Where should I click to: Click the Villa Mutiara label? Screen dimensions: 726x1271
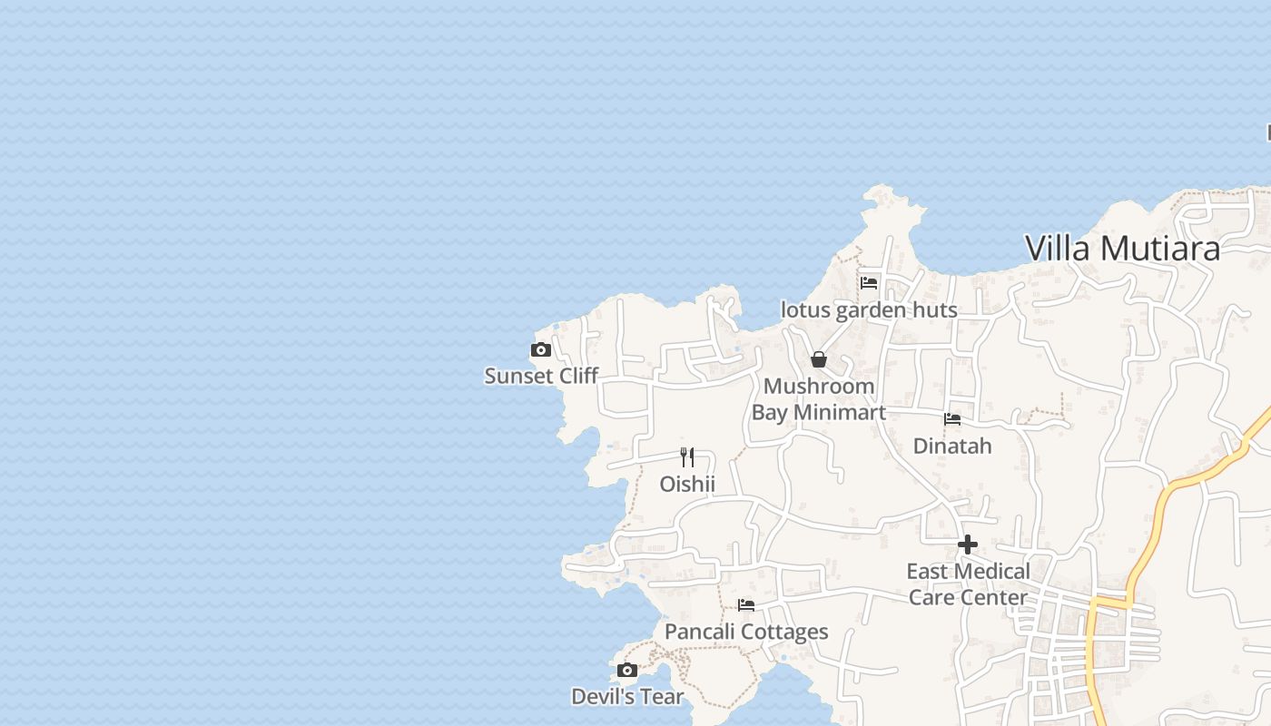[x=1122, y=248]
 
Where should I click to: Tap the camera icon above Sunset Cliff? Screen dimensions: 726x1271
[x=541, y=349]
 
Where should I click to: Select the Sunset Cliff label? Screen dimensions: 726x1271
[x=541, y=376]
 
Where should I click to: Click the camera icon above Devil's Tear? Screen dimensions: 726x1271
[x=626, y=671]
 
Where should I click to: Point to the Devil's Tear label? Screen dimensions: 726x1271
[x=627, y=697]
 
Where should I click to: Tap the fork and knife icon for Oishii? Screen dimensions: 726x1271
[x=687, y=456]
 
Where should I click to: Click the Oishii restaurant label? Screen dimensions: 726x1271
[x=687, y=485]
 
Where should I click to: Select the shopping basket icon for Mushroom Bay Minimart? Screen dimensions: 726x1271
[x=819, y=359]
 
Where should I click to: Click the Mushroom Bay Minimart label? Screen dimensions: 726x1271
[x=819, y=399]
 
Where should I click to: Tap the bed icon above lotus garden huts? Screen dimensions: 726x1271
[x=869, y=282]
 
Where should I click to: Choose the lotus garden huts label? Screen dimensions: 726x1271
[x=869, y=310]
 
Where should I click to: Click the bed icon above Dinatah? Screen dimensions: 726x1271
[x=952, y=419]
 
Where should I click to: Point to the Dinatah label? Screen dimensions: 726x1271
[x=952, y=446]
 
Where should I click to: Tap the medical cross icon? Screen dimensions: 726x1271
[x=968, y=544]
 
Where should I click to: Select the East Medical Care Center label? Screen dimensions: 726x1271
[x=968, y=584]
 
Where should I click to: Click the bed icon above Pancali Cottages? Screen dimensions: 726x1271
[x=746, y=604]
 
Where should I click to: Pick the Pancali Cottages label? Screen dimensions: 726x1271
[x=746, y=632]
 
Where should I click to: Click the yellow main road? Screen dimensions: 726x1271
[x=1146, y=535]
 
